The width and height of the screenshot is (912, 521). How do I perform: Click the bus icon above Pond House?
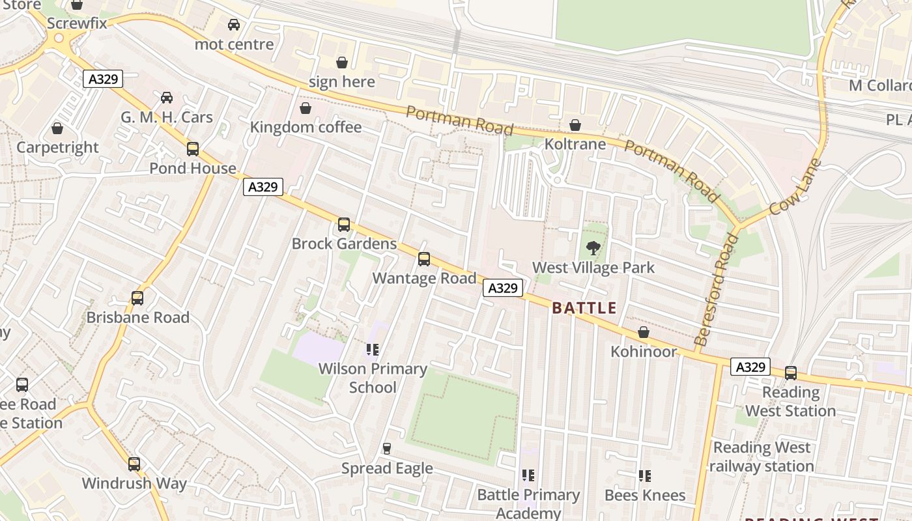193,148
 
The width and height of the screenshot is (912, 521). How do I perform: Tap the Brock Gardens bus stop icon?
344,225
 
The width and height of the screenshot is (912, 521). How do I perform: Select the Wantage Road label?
424,278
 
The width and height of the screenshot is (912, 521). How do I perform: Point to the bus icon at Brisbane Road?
137,298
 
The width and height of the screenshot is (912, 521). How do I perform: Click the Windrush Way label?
134,484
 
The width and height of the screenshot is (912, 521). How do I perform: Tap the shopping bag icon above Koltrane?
575,125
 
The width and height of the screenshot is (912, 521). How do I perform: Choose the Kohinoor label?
644,352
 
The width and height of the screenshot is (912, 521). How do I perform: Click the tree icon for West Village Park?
593,248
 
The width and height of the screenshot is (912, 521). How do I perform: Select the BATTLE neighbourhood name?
584,308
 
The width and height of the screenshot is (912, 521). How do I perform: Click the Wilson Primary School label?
373,378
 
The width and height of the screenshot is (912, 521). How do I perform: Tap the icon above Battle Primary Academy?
528,476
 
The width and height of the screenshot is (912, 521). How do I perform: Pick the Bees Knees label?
645,496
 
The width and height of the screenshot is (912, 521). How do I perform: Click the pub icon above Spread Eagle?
387,449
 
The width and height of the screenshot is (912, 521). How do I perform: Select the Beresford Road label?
717,290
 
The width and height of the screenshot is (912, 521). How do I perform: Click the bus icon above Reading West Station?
791,373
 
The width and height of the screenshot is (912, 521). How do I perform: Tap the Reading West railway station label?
762,457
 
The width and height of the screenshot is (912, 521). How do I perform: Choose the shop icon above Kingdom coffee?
305,108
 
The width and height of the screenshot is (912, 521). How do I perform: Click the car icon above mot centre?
234,25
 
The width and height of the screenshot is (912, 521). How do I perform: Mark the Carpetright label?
57,147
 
